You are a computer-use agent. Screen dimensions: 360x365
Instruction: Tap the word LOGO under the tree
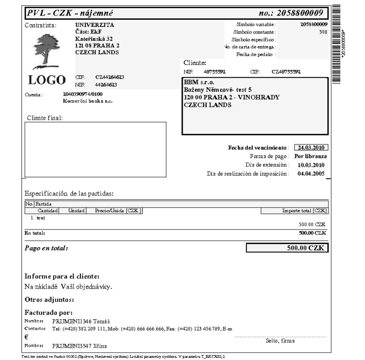coord(46,81)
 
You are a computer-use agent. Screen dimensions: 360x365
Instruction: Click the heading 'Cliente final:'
coord(45,118)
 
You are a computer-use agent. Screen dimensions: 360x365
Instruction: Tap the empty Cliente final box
coord(95,149)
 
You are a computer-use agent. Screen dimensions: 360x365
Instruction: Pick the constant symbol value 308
coord(322,32)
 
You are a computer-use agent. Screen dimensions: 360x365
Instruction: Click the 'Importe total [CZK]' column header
coord(304,211)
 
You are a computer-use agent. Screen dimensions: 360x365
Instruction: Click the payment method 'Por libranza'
coord(311,156)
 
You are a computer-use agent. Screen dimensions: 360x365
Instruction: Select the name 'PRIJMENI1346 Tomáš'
coord(72,320)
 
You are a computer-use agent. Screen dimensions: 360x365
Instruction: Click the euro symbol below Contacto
coord(27,336)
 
